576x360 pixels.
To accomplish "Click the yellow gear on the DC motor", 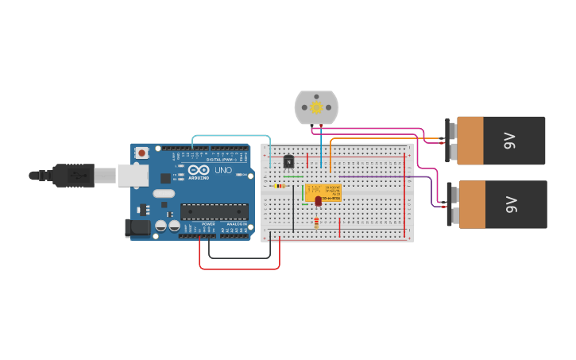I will coord(316,107).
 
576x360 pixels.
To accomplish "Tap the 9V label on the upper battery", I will coord(510,141).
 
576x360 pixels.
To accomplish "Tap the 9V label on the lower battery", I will coord(511,204).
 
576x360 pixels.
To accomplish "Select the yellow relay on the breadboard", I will coord(323,192).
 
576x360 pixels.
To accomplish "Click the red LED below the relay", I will coord(318,202).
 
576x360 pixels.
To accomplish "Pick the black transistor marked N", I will coord(288,161).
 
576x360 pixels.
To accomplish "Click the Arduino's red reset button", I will coord(141,153).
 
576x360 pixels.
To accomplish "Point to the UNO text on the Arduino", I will coord(223,169).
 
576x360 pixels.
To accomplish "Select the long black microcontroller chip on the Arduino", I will coord(214,211).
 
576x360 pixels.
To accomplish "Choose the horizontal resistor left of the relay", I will coord(279,186).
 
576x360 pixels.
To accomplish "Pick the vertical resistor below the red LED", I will coord(317,223).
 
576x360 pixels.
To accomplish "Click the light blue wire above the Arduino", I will coord(230,136).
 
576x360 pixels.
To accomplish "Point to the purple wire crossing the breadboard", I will coord(381,176).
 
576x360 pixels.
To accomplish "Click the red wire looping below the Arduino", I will coord(238,269).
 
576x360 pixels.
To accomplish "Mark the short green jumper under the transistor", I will coord(293,176).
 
